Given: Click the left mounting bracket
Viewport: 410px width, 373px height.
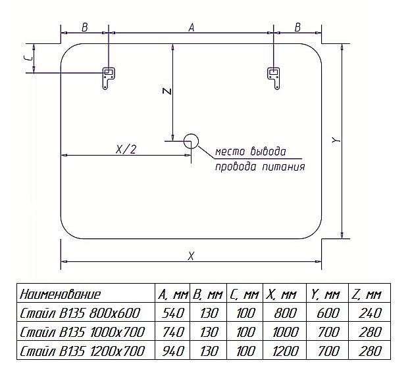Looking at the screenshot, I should pyautogui.click(x=107, y=78).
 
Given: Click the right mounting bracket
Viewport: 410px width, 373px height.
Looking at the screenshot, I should pyautogui.click(x=273, y=78).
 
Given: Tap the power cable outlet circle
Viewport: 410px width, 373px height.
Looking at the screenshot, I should pyautogui.click(x=191, y=140).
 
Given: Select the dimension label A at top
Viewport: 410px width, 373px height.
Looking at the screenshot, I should pyautogui.click(x=191, y=27).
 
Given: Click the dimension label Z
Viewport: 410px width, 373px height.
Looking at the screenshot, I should pyautogui.click(x=167, y=92).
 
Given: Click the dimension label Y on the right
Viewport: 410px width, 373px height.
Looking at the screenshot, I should pyautogui.click(x=335, y=140).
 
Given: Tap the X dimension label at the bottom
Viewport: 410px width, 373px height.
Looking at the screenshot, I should pyautogui.click(x=191, y=256).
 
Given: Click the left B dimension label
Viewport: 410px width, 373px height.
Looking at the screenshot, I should pyautogui.click(x=85, y=27).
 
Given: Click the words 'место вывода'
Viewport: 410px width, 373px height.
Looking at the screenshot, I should pyautogui.click(x=251, y=152).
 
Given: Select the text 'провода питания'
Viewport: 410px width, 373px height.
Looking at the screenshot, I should pyautogui.click(x=260, y=167).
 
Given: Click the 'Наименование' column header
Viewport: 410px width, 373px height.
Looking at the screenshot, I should pyautogui.click(x=61, y=294).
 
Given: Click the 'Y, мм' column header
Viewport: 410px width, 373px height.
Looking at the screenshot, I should pyautogui.click(x=328, y=294).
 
